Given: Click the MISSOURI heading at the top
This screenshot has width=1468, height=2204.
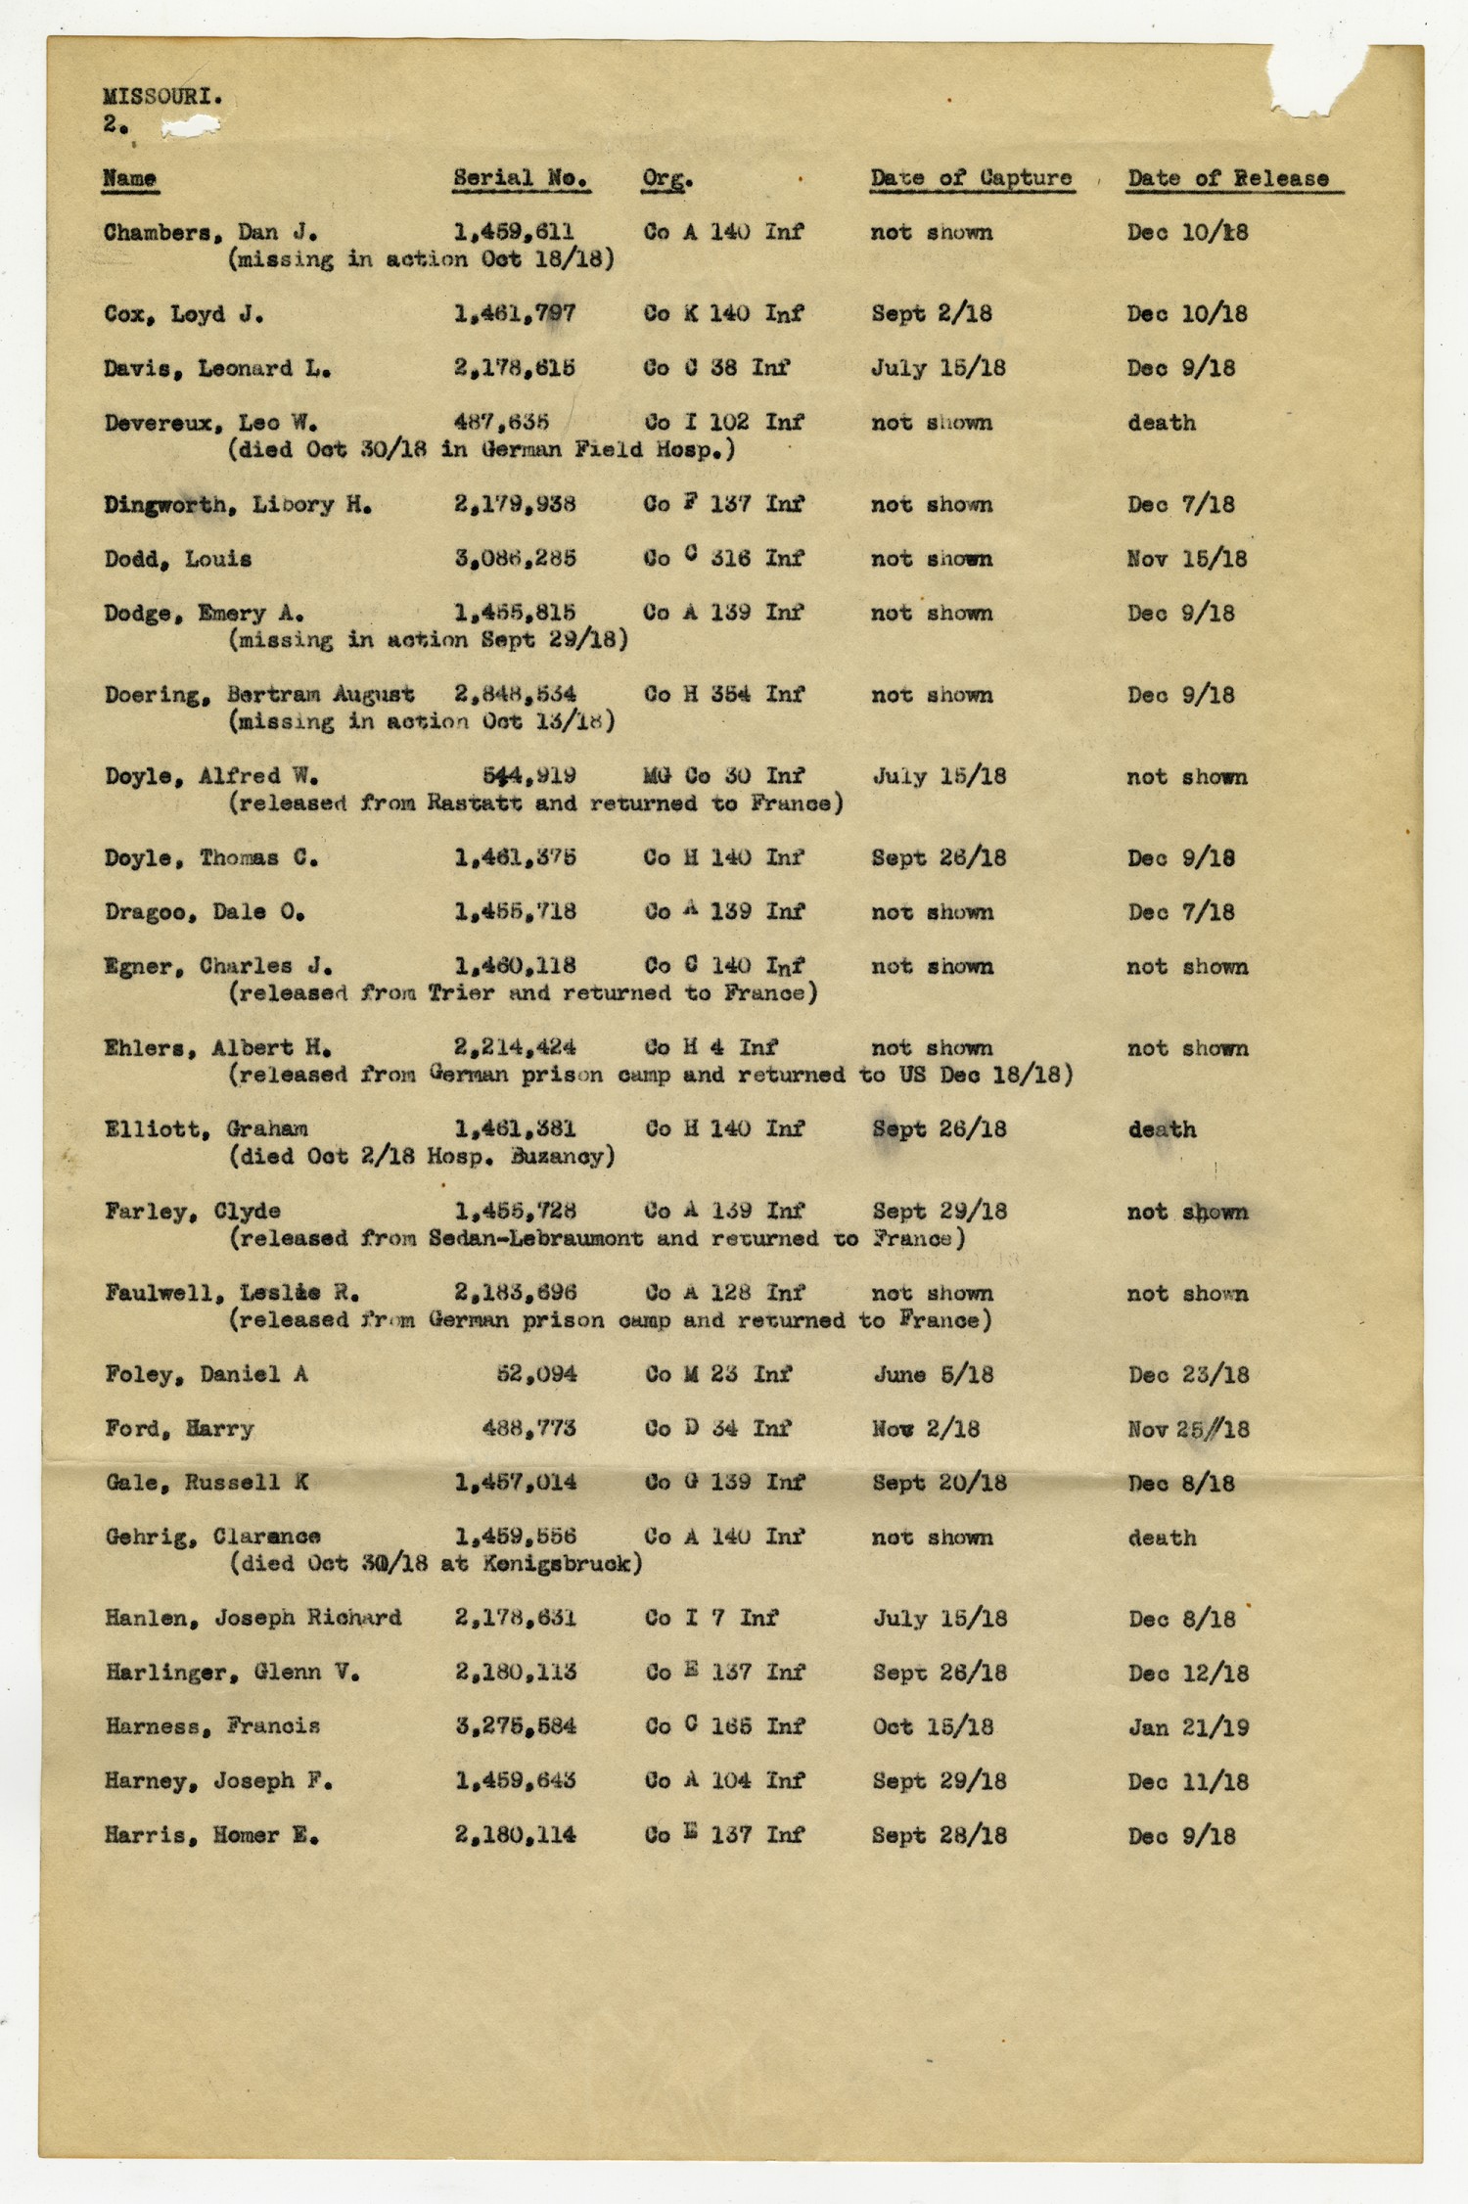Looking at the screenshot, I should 161,97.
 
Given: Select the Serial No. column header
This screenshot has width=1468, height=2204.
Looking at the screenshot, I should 521,178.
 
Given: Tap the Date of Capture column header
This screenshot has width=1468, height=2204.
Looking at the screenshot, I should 971,178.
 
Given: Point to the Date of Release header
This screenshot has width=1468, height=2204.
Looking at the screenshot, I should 1228,178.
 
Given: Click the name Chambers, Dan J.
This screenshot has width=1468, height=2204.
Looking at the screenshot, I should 209,233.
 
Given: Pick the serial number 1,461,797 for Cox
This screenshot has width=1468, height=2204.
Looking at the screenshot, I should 515,314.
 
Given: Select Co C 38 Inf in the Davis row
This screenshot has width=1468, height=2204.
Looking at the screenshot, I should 716,369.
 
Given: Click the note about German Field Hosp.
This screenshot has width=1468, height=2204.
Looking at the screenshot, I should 482,450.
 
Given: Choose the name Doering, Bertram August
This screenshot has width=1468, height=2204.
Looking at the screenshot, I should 259,695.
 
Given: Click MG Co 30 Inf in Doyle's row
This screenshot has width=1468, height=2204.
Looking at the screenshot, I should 723,777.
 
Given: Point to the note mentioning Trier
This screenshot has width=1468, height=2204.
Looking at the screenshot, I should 523,993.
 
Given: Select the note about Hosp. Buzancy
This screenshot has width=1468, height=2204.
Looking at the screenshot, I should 422,1157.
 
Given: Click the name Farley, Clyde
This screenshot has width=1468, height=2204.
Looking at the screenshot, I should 193,1212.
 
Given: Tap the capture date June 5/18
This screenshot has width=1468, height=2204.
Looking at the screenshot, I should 933,1375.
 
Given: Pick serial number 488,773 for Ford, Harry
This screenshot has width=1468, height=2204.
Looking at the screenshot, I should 528,1429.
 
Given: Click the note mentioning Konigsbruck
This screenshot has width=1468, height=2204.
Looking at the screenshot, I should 436,1564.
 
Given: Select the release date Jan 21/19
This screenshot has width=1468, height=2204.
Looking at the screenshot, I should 1188,1727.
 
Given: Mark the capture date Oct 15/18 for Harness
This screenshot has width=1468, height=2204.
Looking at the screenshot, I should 933,1727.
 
